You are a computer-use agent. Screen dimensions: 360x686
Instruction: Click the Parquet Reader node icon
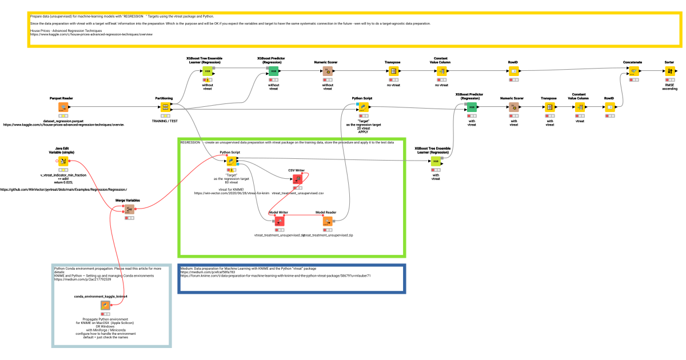(63, 107)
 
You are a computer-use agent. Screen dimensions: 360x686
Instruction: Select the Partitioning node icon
(166, 107)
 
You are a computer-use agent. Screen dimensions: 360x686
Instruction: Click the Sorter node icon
(669, 71)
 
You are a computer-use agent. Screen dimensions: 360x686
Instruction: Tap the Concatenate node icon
(633, 71)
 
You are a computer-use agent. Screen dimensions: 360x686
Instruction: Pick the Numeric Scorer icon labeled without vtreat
(328, 71)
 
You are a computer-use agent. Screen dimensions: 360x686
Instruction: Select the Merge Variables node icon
(129, 210)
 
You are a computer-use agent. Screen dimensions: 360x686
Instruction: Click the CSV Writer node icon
(297, 179)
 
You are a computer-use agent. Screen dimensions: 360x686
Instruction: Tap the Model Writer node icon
(279, 221)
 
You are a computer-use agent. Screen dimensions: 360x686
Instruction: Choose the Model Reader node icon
(328, 221)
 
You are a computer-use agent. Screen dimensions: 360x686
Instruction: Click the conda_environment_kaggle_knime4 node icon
(105, 306)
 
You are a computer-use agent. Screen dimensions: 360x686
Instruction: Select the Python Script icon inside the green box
(231, 162)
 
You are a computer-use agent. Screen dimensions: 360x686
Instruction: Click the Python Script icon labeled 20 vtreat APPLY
(362, 107)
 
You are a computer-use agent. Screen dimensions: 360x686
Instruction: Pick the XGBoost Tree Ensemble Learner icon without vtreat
(208, 71)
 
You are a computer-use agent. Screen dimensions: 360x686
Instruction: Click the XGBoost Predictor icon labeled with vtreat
(472, 107)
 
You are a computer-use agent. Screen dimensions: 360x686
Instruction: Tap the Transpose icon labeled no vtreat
(393, 71)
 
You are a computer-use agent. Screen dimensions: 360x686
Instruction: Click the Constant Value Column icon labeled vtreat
(580, 107)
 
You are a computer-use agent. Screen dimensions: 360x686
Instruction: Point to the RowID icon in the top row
(514, 71)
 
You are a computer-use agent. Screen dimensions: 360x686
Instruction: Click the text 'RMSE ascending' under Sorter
(669, 87)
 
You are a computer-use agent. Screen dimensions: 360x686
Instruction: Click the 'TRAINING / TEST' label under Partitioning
(166, 121)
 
